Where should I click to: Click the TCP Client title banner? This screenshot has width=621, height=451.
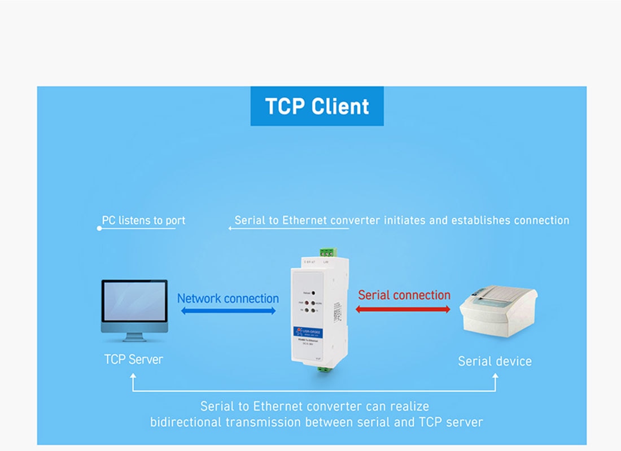tap(317, 106)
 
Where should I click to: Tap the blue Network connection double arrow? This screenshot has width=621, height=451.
tap(228, 311)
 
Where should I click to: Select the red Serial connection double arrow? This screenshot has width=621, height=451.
tap(403, 309)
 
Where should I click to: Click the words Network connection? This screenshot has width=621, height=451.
tap(228, 298)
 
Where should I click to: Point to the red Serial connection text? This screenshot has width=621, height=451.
tap(404, 295)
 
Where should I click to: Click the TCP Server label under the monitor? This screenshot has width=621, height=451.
tap(133, 360)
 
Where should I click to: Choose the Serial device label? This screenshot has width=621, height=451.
tap(495, 361)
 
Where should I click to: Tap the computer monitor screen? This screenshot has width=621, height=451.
tap(134, 302)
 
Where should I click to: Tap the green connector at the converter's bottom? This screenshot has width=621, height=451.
tap(323, 370)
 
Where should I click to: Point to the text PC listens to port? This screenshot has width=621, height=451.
tap(143, 220)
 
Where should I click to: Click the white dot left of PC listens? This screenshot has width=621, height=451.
tap(99, 229)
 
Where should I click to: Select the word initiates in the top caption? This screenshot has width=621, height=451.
tap(405, 220)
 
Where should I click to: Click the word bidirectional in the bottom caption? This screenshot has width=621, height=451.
tap(186, 422)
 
